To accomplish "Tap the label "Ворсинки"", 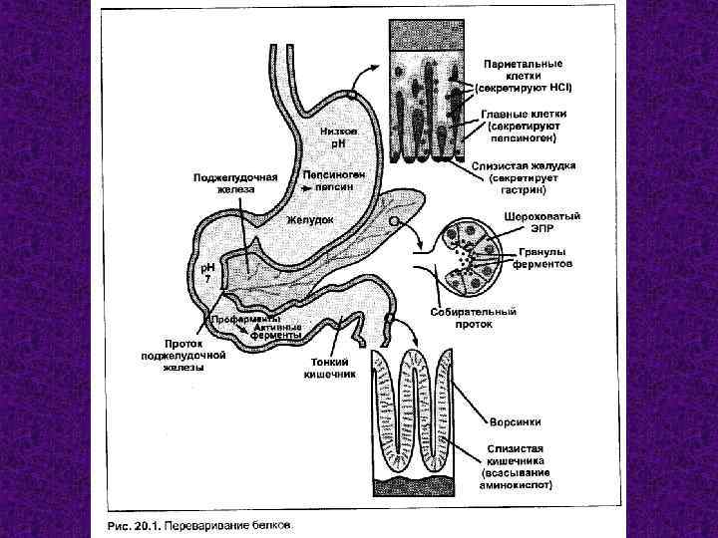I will pos(513,420).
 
